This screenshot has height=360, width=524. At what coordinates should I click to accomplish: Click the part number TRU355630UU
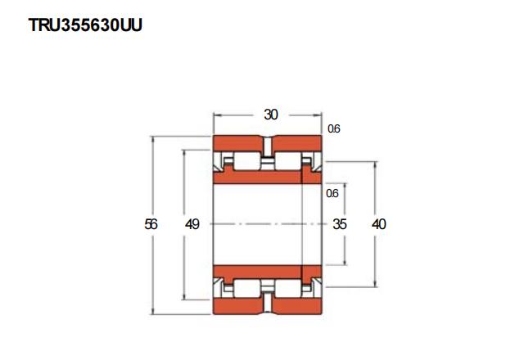coord(85,25)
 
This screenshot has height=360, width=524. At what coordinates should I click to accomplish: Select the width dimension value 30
coord(271,115)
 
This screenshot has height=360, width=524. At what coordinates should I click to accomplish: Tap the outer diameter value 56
coord(151,224)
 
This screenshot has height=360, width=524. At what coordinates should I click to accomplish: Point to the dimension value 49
coord(192,224)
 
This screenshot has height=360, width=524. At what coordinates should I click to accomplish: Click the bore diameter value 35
coord(340,224)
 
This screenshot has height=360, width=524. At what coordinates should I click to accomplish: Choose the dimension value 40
coord(378,224)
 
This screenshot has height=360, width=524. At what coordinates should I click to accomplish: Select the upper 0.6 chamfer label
coord(333,128)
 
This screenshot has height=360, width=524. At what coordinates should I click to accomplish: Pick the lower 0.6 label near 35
coord(332,193)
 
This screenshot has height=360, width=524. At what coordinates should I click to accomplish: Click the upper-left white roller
coord(246,161)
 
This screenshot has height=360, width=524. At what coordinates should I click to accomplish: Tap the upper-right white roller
coord(287,161)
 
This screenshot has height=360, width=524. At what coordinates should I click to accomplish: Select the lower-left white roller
coord(246,289)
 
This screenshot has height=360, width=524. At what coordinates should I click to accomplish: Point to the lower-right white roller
coord(287,289)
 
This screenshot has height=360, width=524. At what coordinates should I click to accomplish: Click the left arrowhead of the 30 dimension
coord(217,115)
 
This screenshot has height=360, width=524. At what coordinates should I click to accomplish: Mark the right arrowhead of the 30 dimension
coord(318,115)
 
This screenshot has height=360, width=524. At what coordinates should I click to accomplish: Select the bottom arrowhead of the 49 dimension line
coord(184,296)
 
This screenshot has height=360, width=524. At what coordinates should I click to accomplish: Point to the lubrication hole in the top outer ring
coord(267,146)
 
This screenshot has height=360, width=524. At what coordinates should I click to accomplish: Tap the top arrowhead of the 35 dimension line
coord(345,187)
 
